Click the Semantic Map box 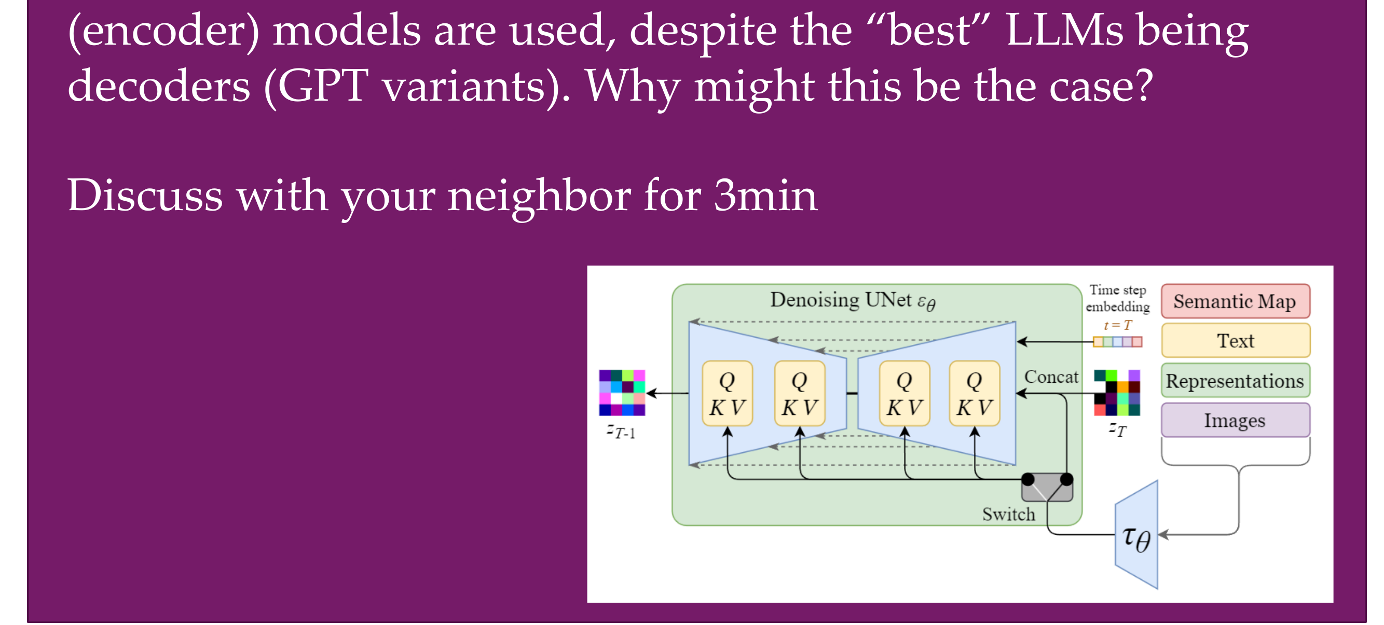pos(1235,301)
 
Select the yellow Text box pos(1235,340)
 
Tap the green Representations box pos(1235,380)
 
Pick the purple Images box pos(1235,420)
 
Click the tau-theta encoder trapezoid pos(1136,535)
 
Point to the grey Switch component pos(1047,487)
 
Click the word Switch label pos(1008,515)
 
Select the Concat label pos(1051,377)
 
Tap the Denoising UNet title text pos(853,301)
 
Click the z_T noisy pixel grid pos(1117,393)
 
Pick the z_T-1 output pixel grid pos(622,393)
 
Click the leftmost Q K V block pos(728,394)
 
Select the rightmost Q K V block pos(975,394)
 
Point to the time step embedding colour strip pos(1117,341)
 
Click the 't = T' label pos(1117,325)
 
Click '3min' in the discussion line pos(765,196)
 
